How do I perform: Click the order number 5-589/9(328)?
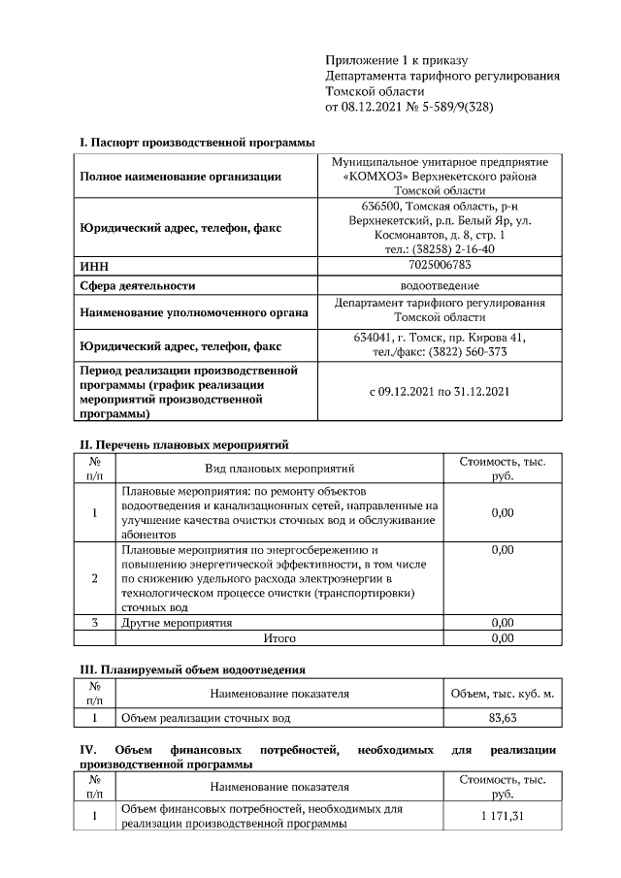[452, 107]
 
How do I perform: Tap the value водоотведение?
[440, 285]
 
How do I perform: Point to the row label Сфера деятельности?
[137, 285]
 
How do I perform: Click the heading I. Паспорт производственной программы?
[197, 143]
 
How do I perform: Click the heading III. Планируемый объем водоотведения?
[192, 669]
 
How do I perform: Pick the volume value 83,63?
[502, 719]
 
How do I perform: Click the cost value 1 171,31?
[502, 816]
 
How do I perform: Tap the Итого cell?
[279, 638]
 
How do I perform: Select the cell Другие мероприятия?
[176, 622]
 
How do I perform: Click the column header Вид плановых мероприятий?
[278, 469]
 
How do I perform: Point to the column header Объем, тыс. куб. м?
[502, 694]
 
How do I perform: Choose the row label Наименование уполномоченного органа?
[194, 312]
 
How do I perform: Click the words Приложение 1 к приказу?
[382, 60]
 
